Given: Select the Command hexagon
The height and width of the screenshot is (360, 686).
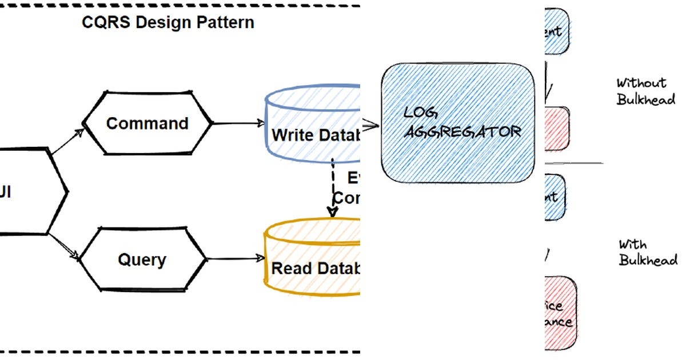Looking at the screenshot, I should coord(147,123).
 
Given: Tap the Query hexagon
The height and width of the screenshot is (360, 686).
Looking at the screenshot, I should coord(142,260).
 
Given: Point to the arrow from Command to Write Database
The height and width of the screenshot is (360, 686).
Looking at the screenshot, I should coord(237,123).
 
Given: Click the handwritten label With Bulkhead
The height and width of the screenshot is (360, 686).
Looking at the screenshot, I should coord(648,252).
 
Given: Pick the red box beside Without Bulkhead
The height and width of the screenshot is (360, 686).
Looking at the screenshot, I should coord(557,129).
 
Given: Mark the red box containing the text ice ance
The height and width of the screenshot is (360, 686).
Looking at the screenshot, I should coord(560,313).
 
